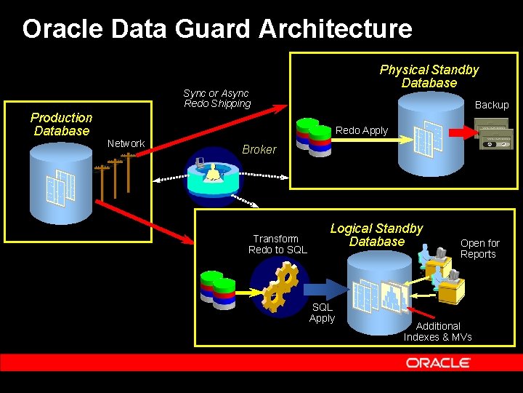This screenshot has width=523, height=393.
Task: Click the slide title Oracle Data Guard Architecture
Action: (x=217, y=29)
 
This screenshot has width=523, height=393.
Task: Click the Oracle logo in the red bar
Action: (x=438, y=362)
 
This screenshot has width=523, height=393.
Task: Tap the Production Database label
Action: (x=62, y=124)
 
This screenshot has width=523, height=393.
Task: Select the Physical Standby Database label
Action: (x=429, y=76)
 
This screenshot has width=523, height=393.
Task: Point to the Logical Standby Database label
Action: (x=376, y=235)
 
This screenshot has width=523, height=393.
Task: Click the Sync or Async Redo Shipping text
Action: (x=216, y=98)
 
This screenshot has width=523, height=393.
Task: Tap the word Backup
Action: (x=492, y=105)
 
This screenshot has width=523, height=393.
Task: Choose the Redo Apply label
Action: (x=362, y=130)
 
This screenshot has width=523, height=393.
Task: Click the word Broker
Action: (x=259, y=149)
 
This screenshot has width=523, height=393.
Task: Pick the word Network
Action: (x=126, y=143)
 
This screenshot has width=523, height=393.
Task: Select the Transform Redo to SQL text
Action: (x=277, y=244)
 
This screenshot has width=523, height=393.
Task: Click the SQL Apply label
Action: (x=322, y=312)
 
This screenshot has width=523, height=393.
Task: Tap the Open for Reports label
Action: (x=479, y=248)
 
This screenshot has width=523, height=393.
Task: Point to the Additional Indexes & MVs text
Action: (x=438, y=331)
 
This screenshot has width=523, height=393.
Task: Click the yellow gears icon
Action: (x=279, y=285)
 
